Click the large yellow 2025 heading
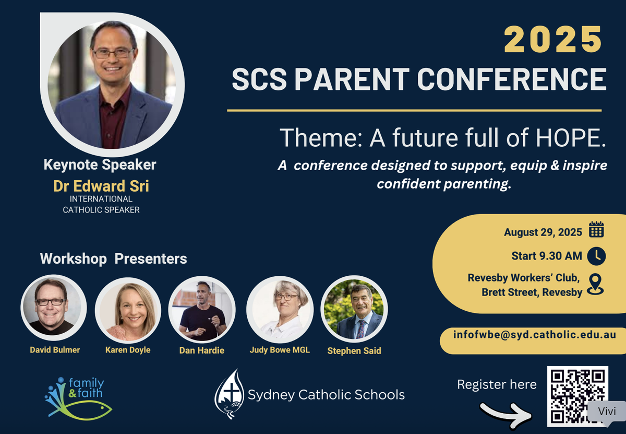(x=552, y=40)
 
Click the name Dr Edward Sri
(x=101, y=186)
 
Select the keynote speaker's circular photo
(x=112, y=85)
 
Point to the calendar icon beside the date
(x=596, y=229)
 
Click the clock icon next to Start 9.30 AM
(x=596, y=256)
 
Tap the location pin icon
(x=595, y=284)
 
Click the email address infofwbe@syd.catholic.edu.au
(x=535, y=335)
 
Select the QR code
(x=577, y=396)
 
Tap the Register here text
(x=497, y=384)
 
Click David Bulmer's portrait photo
(x=54, y=308)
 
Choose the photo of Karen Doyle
(x=128, y=310)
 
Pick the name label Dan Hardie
(x=202, y=350)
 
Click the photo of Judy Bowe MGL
(x=280, y=310)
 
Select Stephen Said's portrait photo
(x=354, y=309)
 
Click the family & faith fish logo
(x=78, y=398)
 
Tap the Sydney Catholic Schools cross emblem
(x=229, y=394)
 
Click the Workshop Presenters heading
(x=114, y=259)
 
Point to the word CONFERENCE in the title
(x=512, y=79)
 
